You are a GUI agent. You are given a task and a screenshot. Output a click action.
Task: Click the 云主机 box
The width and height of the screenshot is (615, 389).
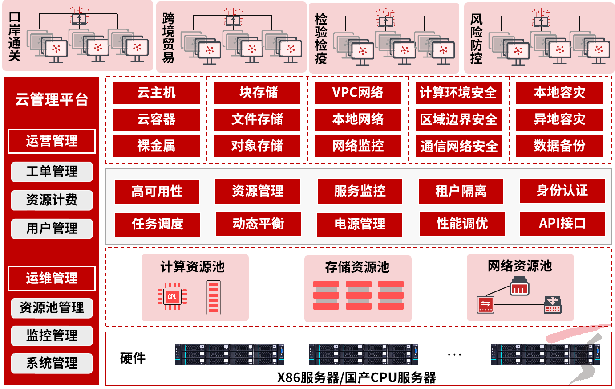(156, 93)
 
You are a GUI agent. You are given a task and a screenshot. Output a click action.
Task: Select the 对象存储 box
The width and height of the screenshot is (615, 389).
(257, 146)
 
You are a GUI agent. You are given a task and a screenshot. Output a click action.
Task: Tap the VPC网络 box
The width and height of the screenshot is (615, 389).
(358, 93)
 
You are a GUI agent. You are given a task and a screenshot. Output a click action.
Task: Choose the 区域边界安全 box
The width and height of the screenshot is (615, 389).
(459, 119)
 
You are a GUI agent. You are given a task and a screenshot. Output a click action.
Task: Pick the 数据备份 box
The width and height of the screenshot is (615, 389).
(559, 146)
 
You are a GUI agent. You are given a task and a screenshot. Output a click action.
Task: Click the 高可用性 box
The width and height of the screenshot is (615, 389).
(157, 192)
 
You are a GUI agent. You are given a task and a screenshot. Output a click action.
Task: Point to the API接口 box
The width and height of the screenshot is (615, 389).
(562, 223)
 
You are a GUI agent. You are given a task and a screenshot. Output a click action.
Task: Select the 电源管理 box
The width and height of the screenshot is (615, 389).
(360, 224)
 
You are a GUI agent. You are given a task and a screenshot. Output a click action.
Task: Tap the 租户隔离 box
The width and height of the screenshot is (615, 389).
(461, 191)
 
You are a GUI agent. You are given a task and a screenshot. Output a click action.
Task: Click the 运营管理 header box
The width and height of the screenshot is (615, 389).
(52, 141)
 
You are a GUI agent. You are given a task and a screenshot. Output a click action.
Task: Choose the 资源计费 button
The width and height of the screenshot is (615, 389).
(52, 200)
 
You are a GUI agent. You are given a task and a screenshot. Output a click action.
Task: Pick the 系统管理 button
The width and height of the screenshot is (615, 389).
(52, 363)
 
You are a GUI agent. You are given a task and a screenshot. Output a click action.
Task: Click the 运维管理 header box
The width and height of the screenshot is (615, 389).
(52, 278)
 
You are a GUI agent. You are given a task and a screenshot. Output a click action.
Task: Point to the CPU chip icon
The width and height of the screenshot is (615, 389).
(172, 296)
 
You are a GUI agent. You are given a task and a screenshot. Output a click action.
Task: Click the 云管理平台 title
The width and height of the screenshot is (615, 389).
(52, 99)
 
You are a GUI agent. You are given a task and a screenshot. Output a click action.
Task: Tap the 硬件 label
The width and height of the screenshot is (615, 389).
(133, 358)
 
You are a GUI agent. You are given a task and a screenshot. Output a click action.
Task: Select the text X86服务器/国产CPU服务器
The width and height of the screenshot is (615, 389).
(356, 378)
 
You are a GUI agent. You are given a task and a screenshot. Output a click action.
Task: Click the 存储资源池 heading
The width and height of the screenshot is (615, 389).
(357, 267)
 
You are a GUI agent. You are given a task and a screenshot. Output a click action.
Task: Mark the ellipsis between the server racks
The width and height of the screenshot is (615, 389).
(454, 355)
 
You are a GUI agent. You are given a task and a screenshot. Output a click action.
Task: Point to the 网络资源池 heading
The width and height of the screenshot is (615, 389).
(520, 266)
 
